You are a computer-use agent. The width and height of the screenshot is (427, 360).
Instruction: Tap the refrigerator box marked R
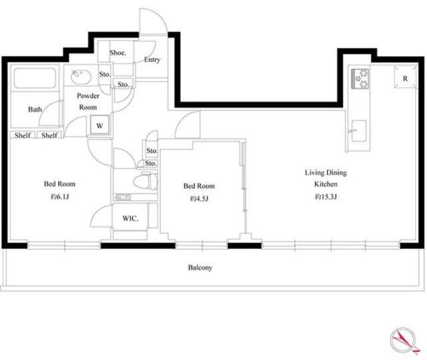(x=405, y=77)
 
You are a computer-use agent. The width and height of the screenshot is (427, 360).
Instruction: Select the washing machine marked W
(x=99, y=125)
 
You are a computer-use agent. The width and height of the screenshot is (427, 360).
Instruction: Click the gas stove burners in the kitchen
(x=360, y=79)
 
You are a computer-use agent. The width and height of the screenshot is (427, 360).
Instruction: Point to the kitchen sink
(x=359, y=131)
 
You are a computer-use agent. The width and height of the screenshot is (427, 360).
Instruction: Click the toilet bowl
(x=145, y=181)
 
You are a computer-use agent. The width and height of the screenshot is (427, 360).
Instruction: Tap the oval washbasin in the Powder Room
(x=81, y=76)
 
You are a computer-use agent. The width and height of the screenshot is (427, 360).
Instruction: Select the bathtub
(x=35, y=78)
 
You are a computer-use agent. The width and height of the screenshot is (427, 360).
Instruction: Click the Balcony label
(x=200, y=268)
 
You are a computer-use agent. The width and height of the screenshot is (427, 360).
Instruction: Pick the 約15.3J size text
(x=326, y=197)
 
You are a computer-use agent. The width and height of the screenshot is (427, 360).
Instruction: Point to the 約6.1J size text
(x=59, y=196)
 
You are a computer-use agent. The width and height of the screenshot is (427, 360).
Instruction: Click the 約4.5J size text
(x=199, y=198)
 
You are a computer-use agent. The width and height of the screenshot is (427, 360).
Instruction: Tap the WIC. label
(x=130, y=218)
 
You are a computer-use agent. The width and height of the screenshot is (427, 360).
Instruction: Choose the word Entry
(x=152, y=59)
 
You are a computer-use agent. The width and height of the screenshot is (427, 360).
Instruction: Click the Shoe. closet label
(x=117, y=53)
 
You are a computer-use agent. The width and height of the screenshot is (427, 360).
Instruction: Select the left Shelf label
(x=23, y=135)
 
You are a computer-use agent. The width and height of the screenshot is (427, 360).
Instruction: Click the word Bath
(x=35, y=110)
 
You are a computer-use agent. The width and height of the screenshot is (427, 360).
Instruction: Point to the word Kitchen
(x=326, y=184)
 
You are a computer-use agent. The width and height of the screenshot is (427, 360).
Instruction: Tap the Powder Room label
(x=87, y=102)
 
